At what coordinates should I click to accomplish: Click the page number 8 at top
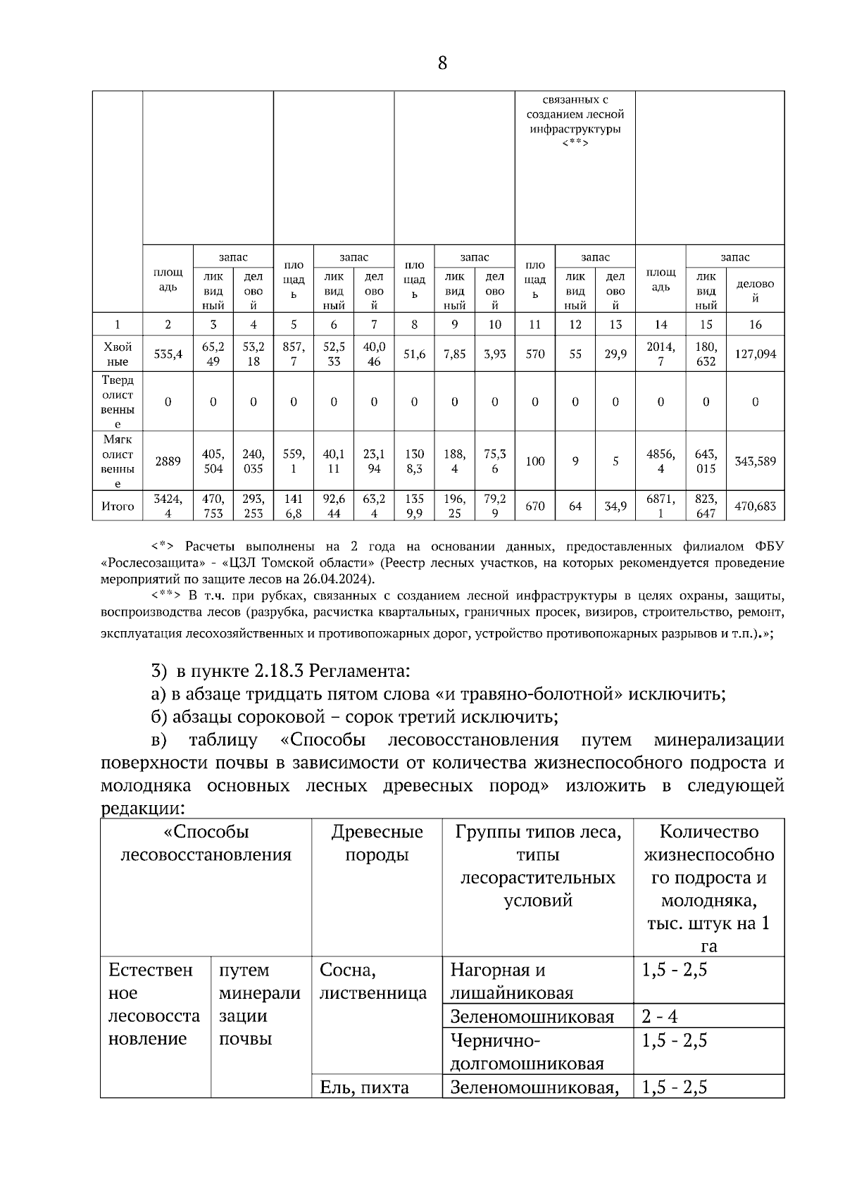click(x=442, y=63)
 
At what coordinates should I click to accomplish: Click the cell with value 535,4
click(x=168, y=354)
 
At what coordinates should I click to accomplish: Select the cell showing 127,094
click(x=755, y=354)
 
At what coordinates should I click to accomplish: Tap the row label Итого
click(x=118, y=506)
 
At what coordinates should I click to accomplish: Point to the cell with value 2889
click(x=168, y=461)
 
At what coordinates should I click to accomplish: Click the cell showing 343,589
click(x=755, y=461)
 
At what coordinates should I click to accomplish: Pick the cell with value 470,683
click(x=755, y=506)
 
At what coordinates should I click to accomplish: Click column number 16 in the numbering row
click(x=755, y=325)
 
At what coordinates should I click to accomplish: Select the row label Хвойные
click(x=118, y=354)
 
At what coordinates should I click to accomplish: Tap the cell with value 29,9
click(x=615, y=354)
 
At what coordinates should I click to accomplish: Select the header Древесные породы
click(x=377, y=843)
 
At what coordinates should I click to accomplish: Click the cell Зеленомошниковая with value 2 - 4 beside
click(x=532, y=1016)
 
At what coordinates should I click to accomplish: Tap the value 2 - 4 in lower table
click(x=660, y=1016)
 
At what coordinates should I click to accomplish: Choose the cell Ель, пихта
click(x=364, y=1087)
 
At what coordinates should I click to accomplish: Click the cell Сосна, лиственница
click(x=373, y=982)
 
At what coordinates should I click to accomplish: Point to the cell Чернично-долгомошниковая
click(x=527, y=1052)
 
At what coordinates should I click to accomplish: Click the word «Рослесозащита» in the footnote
click(x=149, y=563)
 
